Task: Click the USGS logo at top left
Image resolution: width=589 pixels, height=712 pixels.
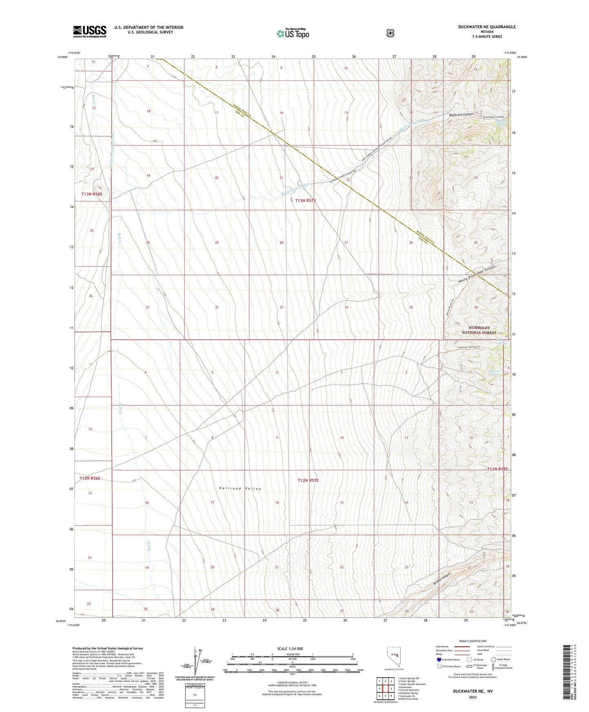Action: point(89,31)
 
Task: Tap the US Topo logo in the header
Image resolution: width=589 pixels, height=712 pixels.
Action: point(292,33)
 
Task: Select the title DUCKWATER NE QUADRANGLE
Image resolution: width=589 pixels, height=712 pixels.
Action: point(487,27)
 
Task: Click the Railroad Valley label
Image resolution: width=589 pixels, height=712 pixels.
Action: point(240,488)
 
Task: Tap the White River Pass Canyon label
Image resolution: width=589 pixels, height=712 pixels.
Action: point(476,274)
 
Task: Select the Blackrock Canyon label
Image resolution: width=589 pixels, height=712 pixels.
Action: point(461,115)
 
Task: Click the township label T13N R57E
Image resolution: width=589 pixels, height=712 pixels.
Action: point(306,200)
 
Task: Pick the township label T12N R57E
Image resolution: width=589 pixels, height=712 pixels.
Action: point(308,480)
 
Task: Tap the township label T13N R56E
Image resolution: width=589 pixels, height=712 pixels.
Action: point(92,194)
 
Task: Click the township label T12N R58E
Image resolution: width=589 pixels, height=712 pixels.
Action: point(497,469)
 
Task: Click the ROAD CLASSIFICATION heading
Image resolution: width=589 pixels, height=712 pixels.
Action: point(472,641)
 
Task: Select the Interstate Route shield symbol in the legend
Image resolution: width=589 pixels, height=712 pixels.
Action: point(439,659)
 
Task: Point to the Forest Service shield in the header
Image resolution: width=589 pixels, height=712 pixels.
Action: point(390,33)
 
